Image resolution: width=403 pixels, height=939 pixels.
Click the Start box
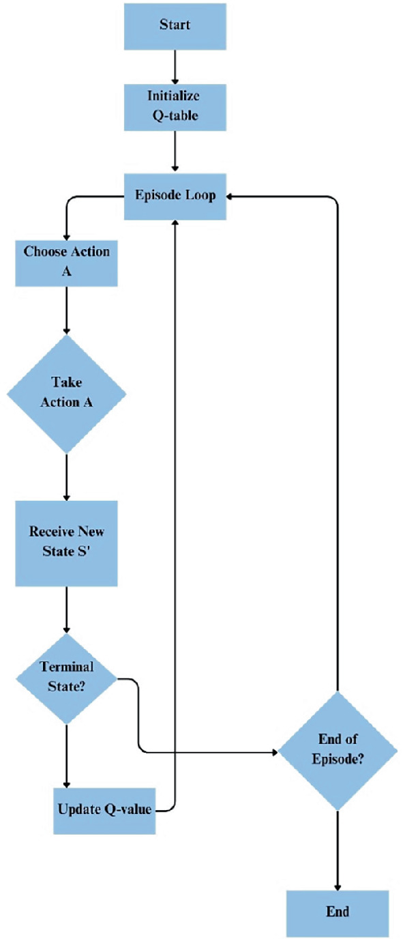tap(175, 25)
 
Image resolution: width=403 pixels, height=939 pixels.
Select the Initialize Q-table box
tap(175, 106)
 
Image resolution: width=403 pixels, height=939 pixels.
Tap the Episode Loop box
tap(175, 196)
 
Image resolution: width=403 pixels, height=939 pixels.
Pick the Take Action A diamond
tap(66, 393)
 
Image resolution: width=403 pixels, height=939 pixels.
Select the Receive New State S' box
tap(66, 543)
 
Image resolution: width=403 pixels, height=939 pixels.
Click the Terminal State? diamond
tap(66, 678)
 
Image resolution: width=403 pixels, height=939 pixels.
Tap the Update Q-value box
tap(104, 810)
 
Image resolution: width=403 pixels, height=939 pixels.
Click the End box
tap(337, 912)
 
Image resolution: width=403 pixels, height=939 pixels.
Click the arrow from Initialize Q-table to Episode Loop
tap(175, 150)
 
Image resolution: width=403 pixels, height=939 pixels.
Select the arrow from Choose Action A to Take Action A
tap(66, 310)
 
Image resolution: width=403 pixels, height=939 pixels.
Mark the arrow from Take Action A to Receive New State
tap(66, 476)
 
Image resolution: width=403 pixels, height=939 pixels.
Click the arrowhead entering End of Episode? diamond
tap(275, 752)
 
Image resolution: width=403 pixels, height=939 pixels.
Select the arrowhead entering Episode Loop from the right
tap(231, 196)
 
